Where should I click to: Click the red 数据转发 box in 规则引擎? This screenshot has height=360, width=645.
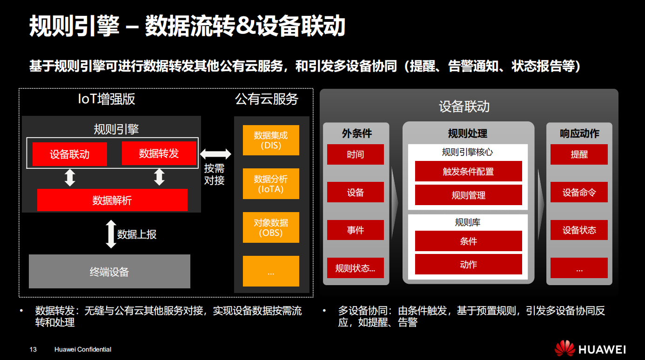click(159, 153)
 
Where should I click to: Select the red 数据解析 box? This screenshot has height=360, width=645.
click(112, 200)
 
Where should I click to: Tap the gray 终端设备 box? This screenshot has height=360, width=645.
click(109, 272)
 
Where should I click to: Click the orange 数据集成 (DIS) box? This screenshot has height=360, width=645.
click(271, 140)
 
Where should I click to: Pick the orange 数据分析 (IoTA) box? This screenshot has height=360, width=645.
click(271, 184)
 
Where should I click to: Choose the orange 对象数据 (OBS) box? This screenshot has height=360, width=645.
click(271, 227)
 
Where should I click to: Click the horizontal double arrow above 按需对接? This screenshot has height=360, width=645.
click(215, 154)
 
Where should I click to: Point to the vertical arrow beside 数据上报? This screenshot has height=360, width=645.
click(111, 234)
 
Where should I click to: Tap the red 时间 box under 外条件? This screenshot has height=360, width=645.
click(356, 154)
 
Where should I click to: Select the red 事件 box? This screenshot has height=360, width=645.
click(356, 230)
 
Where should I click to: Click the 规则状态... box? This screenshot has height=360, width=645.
click(356, 268)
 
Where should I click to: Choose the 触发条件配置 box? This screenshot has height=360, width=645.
click(468, 171)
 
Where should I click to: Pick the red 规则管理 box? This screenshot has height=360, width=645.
click(468, 195)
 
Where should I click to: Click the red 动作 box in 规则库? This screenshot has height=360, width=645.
click(468, 264)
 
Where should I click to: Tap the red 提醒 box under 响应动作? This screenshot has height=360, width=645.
click(579, 154)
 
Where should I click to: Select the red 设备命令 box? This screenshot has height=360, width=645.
click(579, 192)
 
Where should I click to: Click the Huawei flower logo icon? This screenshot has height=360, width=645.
click(564, 348)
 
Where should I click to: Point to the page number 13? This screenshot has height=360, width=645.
click(33, 349)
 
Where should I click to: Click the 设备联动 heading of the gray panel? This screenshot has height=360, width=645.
click(464, 107)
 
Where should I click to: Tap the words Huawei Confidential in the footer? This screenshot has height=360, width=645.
click(83, 349)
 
